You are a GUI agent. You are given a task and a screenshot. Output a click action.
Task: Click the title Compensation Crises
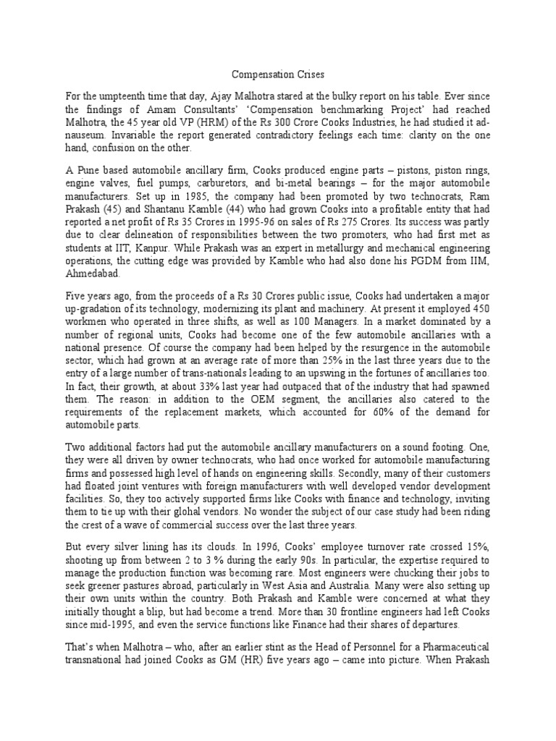(278, 74)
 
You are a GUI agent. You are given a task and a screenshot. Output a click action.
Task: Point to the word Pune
(89, 169)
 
